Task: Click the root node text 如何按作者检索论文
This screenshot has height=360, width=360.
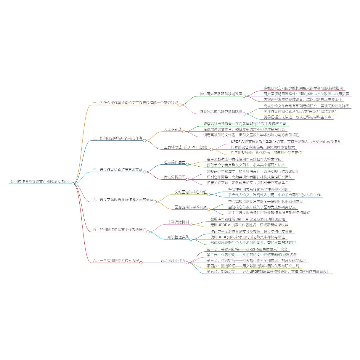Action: point(41,182)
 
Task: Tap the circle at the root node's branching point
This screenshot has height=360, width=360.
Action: point(73,184)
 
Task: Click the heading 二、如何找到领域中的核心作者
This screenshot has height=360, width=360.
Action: point(117,138)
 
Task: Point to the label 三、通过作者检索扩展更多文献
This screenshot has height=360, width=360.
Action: point(117,170)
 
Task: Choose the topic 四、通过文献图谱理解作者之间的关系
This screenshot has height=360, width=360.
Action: point(123,200)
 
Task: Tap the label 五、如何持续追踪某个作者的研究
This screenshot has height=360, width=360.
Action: point(119,230)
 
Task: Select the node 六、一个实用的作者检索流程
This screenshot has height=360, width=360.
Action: point(116,260)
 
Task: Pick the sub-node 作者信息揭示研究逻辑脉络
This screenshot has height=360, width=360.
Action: point(221,111)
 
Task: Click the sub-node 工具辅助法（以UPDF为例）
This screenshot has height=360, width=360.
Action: point(186,147)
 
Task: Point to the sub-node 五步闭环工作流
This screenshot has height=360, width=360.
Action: point(173,260)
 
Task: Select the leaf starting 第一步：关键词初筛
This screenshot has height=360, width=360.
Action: point(248,249)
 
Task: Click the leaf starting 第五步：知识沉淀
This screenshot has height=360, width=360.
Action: point(268,272)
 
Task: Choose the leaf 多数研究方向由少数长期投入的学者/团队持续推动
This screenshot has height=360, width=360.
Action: point(303,88)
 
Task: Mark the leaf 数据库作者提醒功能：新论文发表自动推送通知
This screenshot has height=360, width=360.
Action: point(248,219)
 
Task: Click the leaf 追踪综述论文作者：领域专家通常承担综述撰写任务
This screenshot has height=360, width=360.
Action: point(244,129)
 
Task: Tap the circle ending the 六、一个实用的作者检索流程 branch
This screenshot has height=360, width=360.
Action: point(141,263)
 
